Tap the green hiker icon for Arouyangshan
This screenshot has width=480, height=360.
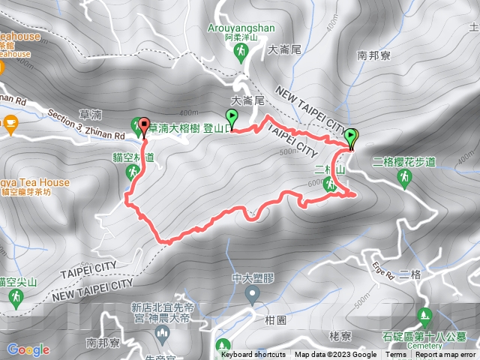(241, 52)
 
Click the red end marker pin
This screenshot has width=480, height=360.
(143, 125)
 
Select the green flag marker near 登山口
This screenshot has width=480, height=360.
(232, 118)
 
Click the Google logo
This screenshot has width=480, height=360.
(28, 349)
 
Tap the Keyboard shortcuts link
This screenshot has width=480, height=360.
(253, 355)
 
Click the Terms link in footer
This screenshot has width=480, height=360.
(396, 355)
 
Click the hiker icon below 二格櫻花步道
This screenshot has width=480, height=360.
(405, 177)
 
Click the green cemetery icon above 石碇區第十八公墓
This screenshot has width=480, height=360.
(424, 314)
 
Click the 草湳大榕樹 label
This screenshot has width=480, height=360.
(174, 128)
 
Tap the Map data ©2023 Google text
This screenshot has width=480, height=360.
(335, 355)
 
